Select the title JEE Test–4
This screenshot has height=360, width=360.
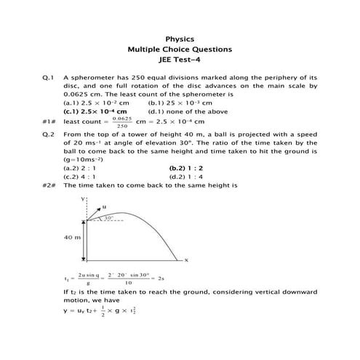pyautogui.click(x=180, y=61)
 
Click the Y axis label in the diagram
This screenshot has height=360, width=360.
pyautogui.click(x=84, y=198)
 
